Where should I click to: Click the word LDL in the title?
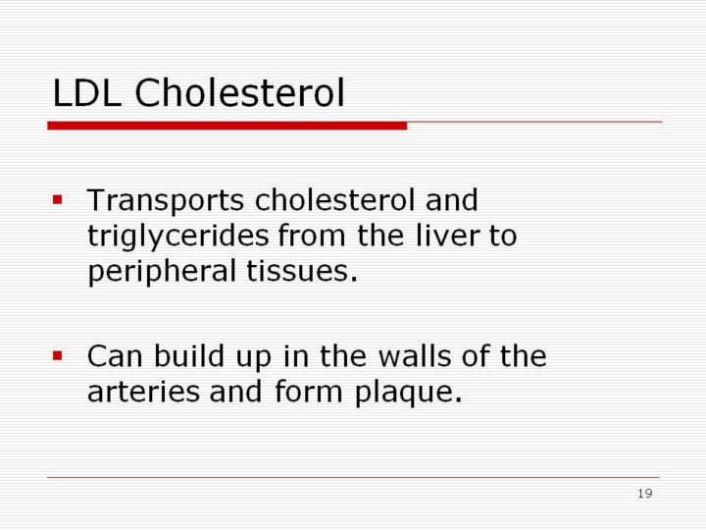pos(87,92)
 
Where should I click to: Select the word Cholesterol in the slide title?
pos(239,92)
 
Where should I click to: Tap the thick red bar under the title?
pos(227,126)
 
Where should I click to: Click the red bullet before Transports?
pos(57,199)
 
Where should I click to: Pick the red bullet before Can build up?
pos(57,356)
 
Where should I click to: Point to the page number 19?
pos(645,494)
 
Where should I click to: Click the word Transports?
pos(166,201)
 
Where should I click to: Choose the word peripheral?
pos(162,272)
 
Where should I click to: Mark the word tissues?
pos(302,271)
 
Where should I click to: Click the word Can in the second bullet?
pos(115,356)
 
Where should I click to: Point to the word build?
pos(189,355)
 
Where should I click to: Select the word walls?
pos(415,355)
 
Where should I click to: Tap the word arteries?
pos(143,392)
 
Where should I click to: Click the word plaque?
pos(408,393)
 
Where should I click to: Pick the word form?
pos(309,391)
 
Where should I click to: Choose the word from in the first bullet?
pos(312,236)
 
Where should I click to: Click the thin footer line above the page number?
pos(353,477)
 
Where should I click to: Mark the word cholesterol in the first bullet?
pos(334,199)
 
